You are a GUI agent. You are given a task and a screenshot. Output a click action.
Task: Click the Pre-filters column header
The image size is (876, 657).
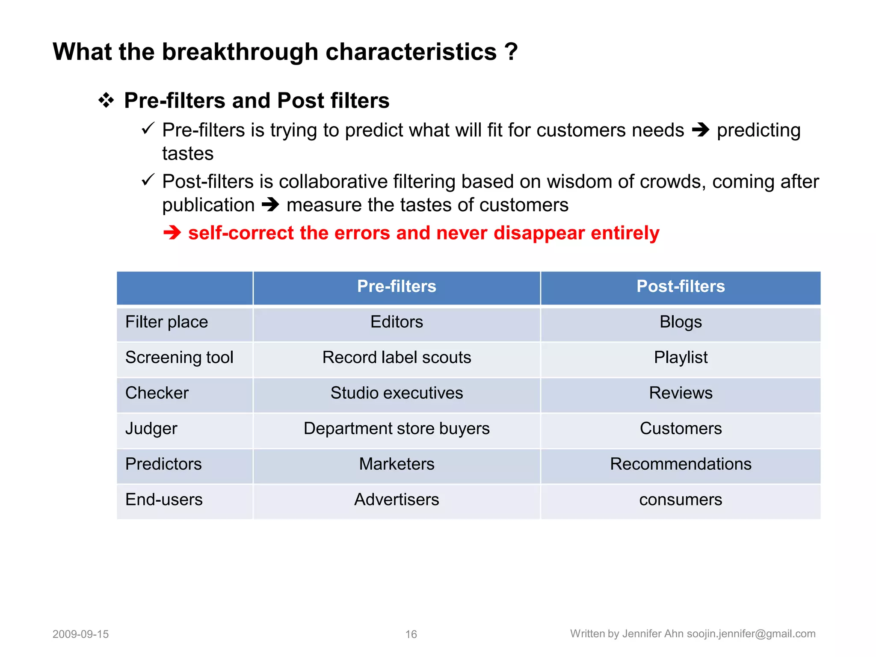point(397,287)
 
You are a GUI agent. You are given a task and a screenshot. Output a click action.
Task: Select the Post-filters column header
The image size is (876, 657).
point(681,287)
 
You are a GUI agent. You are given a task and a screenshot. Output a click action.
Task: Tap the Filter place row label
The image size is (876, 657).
point(166,322)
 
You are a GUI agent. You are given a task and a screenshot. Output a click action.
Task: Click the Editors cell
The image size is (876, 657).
point(397,322)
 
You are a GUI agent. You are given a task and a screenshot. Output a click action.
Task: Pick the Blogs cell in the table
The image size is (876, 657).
point(681,322)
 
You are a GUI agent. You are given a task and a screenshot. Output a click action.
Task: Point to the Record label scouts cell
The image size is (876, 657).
point(397,358)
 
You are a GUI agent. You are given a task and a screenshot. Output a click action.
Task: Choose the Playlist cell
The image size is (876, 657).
point(681,358)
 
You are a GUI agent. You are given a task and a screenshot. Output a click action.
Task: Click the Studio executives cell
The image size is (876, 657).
point(397,393)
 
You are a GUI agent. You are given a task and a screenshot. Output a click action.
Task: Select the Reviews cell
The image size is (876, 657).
point(681,393)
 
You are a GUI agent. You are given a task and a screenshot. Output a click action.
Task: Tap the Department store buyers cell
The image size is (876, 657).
point(397,429)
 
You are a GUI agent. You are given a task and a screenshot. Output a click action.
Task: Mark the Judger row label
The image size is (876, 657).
point(151,429)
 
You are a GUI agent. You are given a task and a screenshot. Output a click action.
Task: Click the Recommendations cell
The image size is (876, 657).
point(681,464)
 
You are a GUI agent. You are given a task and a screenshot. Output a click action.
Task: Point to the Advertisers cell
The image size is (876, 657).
point(397,500)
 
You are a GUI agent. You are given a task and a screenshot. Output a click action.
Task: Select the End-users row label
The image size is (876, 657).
point(164,500)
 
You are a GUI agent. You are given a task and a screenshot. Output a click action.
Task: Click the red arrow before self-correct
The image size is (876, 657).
point(172,233)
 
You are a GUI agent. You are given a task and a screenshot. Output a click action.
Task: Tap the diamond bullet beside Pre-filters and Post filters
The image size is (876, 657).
point(106,101)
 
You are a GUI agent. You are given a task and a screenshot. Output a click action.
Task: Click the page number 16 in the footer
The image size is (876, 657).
point(411,634)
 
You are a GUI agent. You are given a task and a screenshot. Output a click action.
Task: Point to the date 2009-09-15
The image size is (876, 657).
point(80,634)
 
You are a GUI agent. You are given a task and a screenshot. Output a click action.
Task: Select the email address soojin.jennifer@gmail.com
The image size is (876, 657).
point(751,634)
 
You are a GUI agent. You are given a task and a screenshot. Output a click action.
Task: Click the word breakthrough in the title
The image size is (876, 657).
point(240,52)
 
